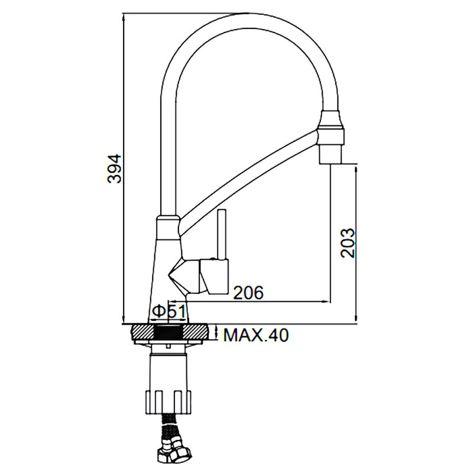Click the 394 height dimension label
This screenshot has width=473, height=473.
pos(114,169)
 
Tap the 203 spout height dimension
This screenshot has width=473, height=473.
pos(348,243)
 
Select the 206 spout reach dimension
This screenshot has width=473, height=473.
pos(249,292)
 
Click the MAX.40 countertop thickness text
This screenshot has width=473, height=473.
pos(256,335)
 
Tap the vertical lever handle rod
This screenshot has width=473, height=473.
pos(222,234)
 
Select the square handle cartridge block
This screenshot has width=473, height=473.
pos(215,276)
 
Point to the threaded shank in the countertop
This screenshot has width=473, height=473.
pos(169,333)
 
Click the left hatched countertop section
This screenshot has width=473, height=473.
pos(142,333)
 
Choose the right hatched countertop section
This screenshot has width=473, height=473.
pos(196,333)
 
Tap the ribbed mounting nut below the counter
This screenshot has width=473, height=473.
pos(169,402)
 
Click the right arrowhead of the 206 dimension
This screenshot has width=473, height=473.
pos(327,301)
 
